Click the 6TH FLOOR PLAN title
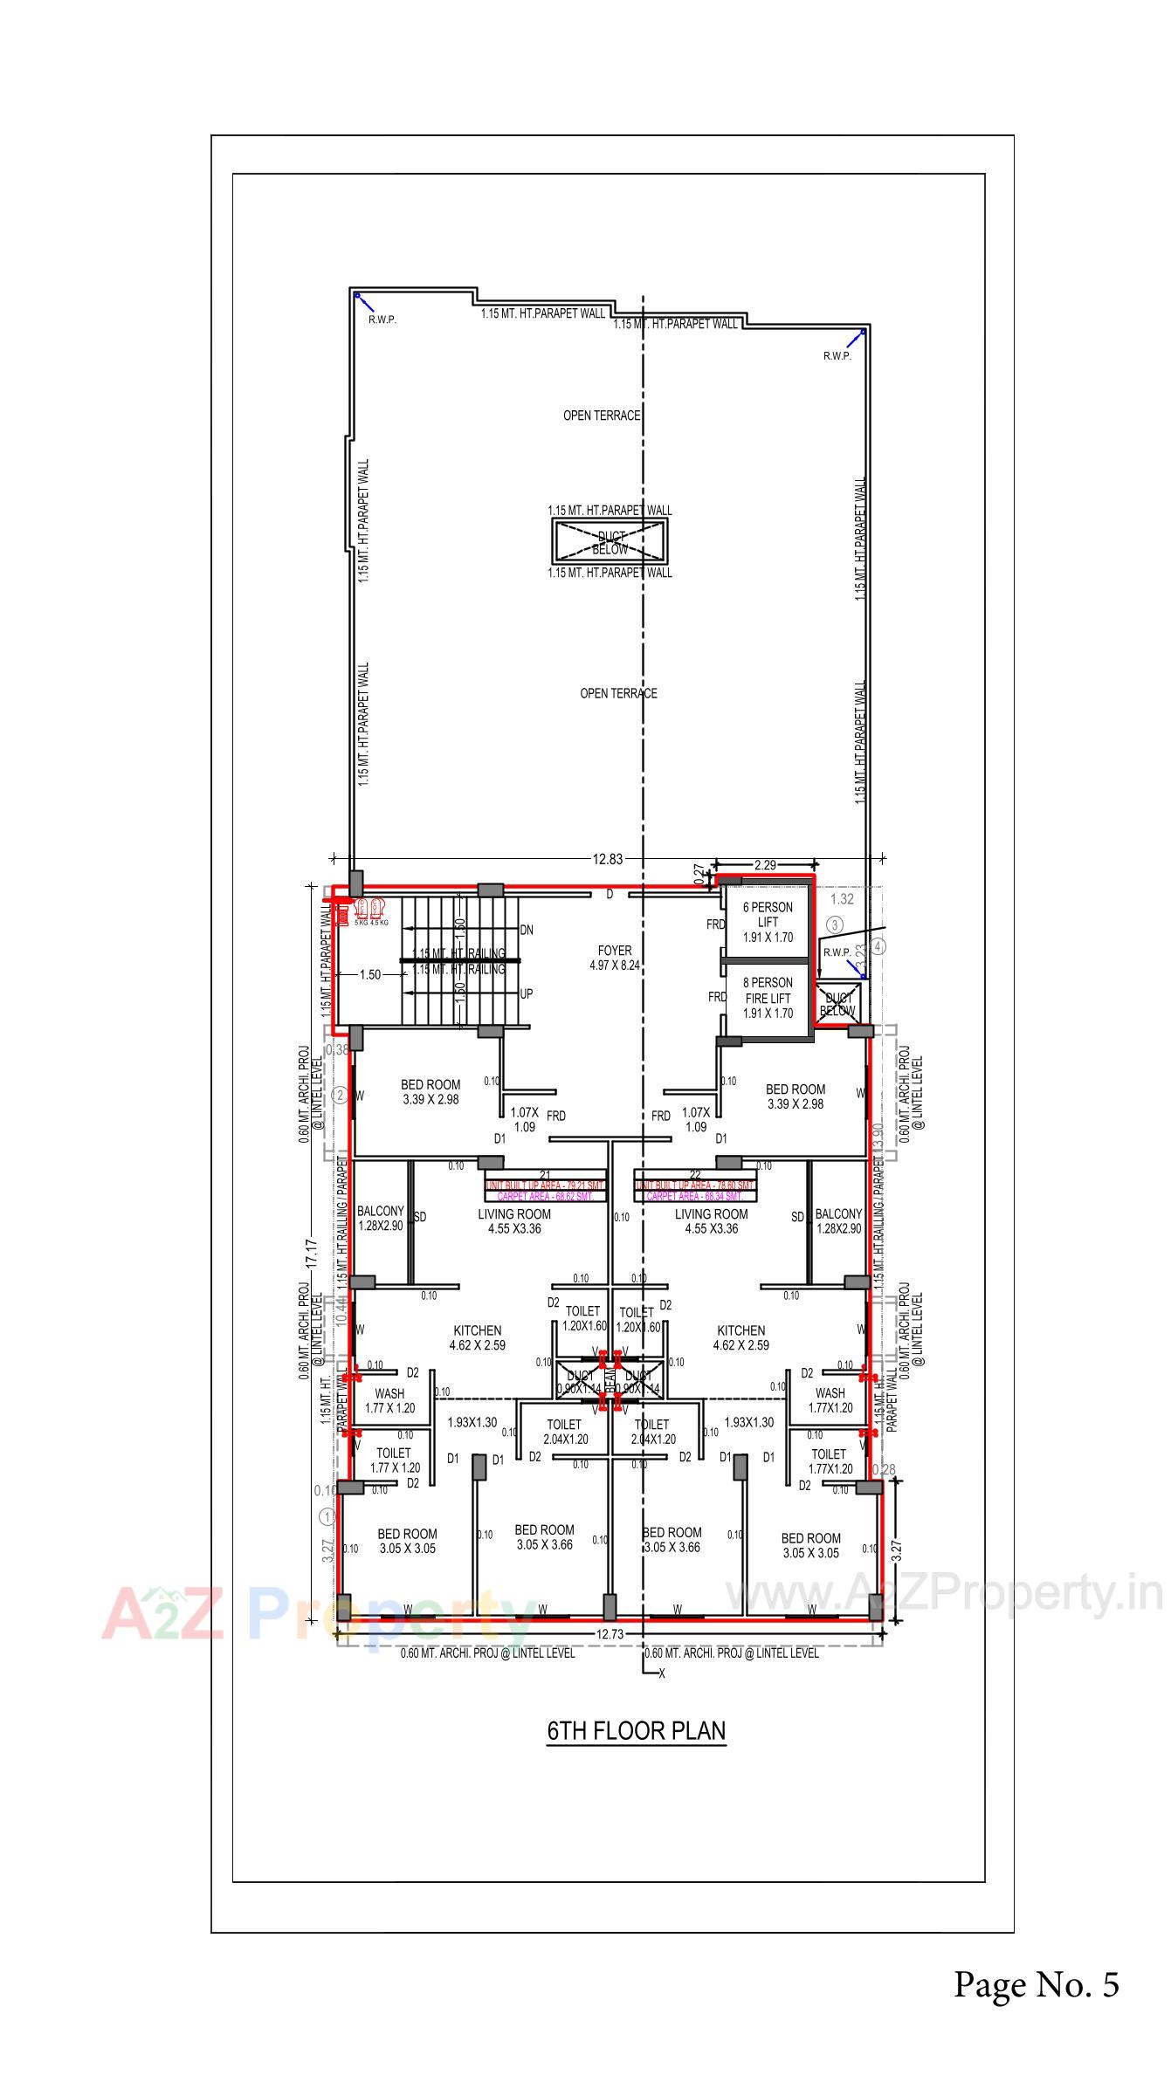tap(636, 1729)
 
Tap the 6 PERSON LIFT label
tap(768, 922)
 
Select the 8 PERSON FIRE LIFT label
tap(768, 998)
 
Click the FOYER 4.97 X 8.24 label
tap(615, 958)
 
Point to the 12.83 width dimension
tap(608, 859)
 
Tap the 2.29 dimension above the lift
tap(765, 865)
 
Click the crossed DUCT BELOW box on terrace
tap(610, 542)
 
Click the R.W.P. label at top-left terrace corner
tap(382, 320)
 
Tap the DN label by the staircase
tap(527, 930)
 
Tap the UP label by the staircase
tap(527, 993)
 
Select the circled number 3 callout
tap(835, 924)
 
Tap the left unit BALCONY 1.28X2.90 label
tap(381, 1219)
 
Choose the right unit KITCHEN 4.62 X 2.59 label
tap(740, 1337)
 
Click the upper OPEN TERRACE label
tap(602, 416)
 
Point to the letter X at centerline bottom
tap(662, 1673)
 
